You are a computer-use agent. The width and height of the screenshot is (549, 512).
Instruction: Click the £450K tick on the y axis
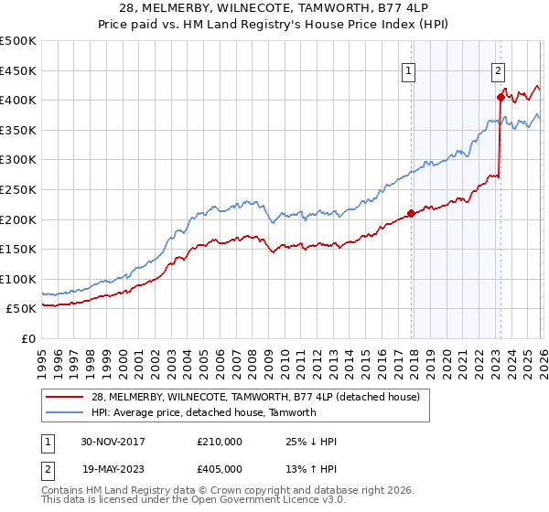(18, 70)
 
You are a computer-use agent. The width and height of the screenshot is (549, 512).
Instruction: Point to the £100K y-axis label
(18, 279)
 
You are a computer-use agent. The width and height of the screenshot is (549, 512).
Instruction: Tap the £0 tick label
(27, 339)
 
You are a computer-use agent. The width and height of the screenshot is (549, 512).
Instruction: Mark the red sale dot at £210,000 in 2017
(412, 213)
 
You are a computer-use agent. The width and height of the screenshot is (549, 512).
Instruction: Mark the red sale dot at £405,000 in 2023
(501, 97)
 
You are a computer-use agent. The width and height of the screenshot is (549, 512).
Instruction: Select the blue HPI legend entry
(203, 412)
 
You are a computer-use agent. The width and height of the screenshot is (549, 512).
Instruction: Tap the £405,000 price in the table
(220, 469)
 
